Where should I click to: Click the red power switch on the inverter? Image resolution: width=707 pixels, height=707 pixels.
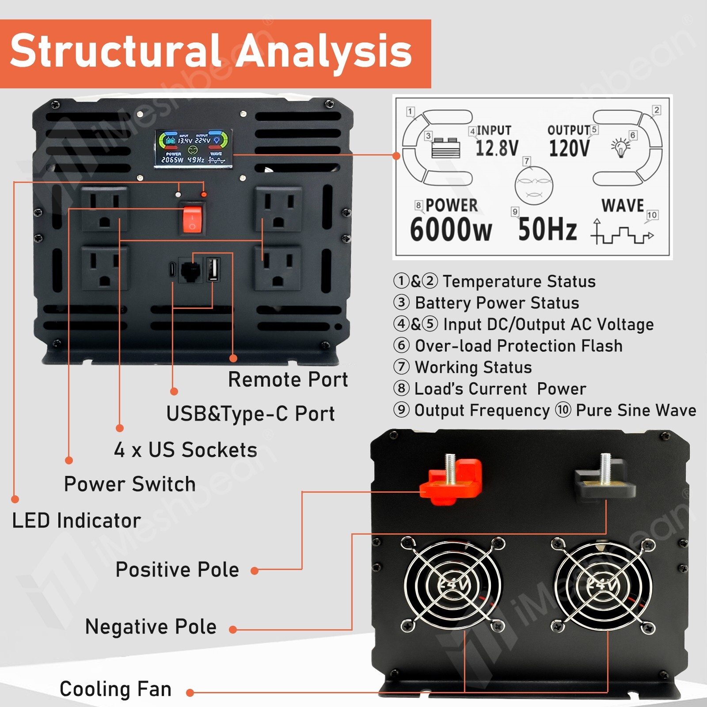[193, 219]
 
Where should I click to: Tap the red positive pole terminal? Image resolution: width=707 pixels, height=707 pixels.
[451, 482]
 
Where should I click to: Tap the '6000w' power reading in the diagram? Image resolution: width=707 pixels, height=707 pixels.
[450, 230]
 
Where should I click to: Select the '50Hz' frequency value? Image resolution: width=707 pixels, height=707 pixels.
[547, 229]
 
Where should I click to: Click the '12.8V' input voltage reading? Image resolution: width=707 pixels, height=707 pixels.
[497, 148]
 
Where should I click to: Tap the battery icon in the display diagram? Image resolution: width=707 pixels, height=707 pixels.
[446, 148]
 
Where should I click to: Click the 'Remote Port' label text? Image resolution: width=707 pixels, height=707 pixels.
[288, 380]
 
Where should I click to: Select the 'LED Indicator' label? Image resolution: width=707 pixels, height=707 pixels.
[76, 521]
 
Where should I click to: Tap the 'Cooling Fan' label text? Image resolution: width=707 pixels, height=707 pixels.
[115, 689]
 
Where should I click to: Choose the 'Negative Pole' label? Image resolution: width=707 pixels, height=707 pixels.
[151, 627]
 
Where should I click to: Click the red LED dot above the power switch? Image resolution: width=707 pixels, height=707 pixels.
[204, 194]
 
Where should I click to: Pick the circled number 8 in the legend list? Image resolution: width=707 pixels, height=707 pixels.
[401, 388]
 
